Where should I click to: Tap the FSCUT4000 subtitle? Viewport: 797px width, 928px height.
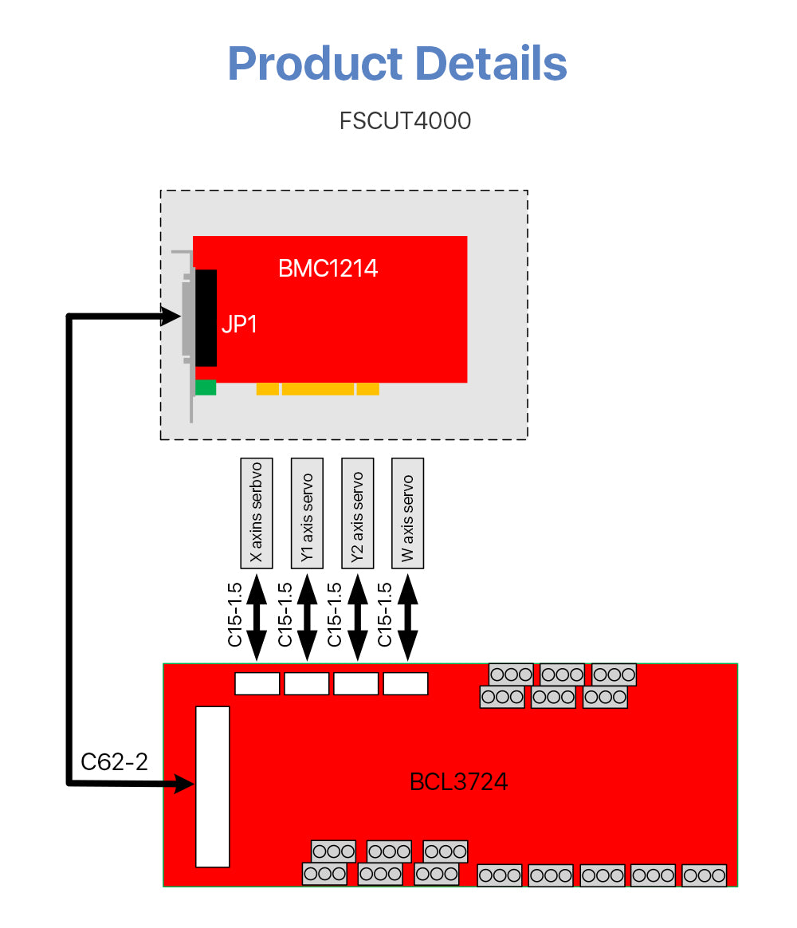[x=405, y=121]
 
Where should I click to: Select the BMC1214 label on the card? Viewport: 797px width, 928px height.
[x=328, y=269]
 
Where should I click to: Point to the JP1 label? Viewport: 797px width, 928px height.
[x=239, y=324]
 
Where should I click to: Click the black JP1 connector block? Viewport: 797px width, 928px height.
[x=206, y=317]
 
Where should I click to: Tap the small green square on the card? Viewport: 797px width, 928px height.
[x=206, y=387]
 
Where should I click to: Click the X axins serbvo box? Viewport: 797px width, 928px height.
[x=257, y=513]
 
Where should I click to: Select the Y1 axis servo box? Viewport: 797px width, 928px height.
[x=307, y=513]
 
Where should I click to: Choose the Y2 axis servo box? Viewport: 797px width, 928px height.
[x=357, y=513]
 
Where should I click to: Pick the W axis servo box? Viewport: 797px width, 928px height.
[x=407, y=513]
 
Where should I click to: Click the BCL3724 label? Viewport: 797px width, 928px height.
[x=458, y=782]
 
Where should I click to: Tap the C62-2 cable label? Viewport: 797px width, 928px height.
[x=115, y=762]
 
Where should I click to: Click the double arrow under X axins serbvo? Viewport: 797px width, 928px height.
[x=257, y=617]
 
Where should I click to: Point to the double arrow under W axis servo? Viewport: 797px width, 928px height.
[x=407, y=617]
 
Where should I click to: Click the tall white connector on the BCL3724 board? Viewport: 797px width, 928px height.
[x=213, y=786]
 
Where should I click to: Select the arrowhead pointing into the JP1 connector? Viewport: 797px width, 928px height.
[x=173, y=317]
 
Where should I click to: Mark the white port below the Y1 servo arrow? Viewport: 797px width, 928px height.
[x=307, y=683]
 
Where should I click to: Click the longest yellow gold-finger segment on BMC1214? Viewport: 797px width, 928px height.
[x=317, y=389]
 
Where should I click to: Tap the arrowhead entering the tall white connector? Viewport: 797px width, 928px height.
[x=184, y=784]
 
